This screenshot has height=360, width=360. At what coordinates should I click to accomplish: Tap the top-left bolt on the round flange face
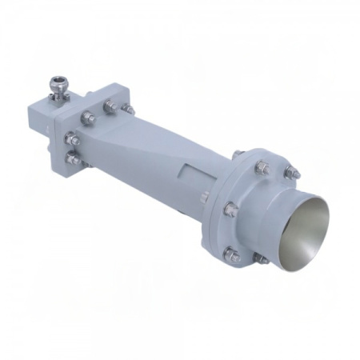point(262,166)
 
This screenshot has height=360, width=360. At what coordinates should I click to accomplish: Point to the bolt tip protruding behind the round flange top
point(237,153)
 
